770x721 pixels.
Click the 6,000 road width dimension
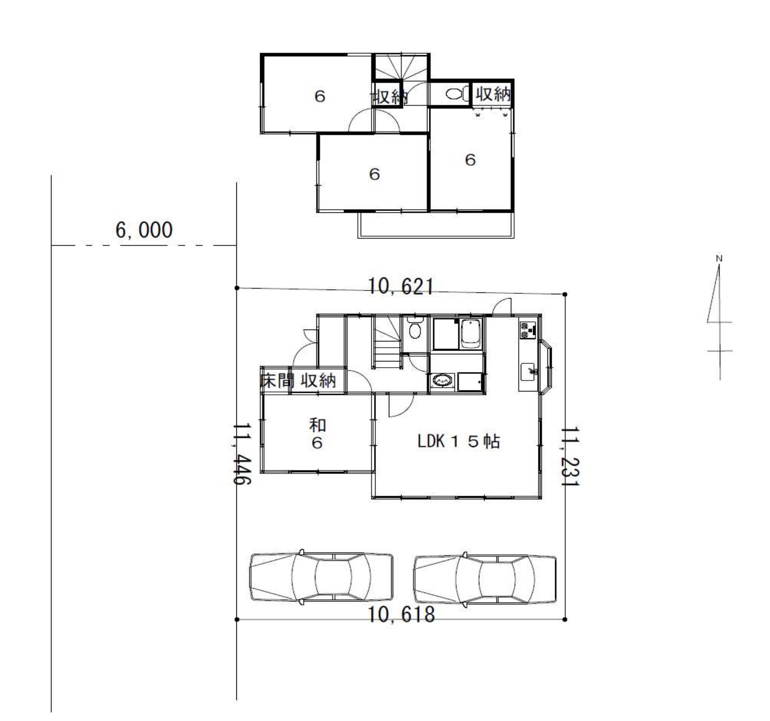(144, 230)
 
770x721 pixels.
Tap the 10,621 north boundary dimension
(401, 287)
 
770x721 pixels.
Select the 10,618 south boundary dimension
(402, 614)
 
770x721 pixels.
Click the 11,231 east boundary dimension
(569, 456)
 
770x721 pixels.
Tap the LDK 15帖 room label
(459, 441)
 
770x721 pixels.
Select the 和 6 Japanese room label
(317, 434)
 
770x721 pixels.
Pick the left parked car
(322, 577)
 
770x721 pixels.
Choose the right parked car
(485, 578)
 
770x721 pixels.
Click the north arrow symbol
(719, 318)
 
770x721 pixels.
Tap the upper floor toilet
(457, 94)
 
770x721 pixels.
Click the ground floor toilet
(415, 329)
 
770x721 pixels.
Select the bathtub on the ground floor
(471, 334)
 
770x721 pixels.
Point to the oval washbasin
(443, 381)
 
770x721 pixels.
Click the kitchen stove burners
(527, 330)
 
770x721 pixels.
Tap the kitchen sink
(528, 371)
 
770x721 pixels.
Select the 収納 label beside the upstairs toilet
(493, 94)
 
